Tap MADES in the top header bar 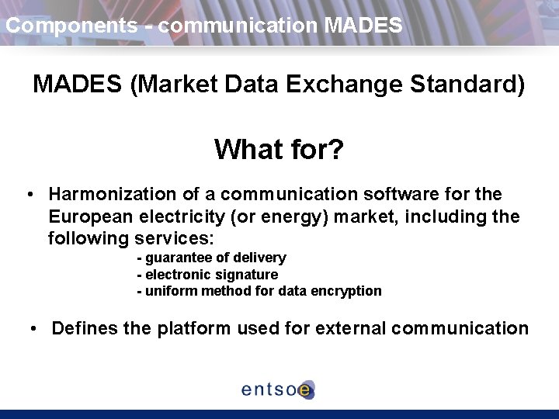[363, 26]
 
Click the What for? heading [279, 149]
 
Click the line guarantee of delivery [211, 258]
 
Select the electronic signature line [207, 275]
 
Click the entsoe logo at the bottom [278, 390]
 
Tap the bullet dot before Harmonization [28, 194]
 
